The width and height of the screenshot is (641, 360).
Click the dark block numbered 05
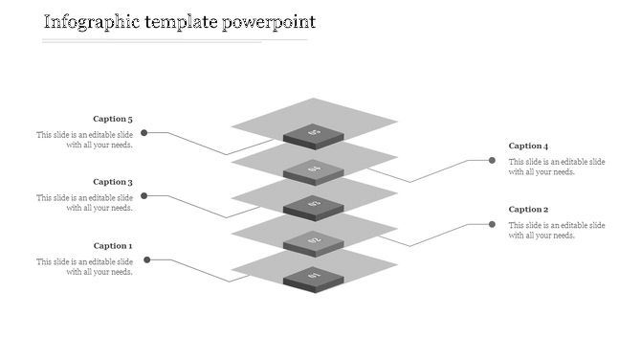click(314, 135)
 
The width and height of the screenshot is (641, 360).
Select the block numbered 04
click(314, 170)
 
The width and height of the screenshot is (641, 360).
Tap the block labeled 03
click(314, 205)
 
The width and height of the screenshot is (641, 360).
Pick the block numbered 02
click(314, 241)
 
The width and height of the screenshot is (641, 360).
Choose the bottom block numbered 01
click(314, 277)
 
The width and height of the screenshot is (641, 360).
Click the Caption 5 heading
click(113, 120)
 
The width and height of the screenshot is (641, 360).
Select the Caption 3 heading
click(113, 182)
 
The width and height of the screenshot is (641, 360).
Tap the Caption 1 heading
click(113, 246)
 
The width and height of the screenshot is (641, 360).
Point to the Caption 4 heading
click(528, 146)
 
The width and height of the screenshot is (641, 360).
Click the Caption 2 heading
click(528, 209)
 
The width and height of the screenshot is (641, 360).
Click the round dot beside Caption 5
click(144, 133)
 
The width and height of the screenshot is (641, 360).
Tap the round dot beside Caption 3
click(144, 196)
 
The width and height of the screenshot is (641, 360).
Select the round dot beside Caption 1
click(145, 259)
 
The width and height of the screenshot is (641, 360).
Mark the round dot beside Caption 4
click(493, 161)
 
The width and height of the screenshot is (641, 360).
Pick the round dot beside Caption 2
click(493, 224)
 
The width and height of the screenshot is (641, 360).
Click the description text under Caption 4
click(557, 167)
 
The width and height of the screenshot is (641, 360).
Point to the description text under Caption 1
click(84, 266)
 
